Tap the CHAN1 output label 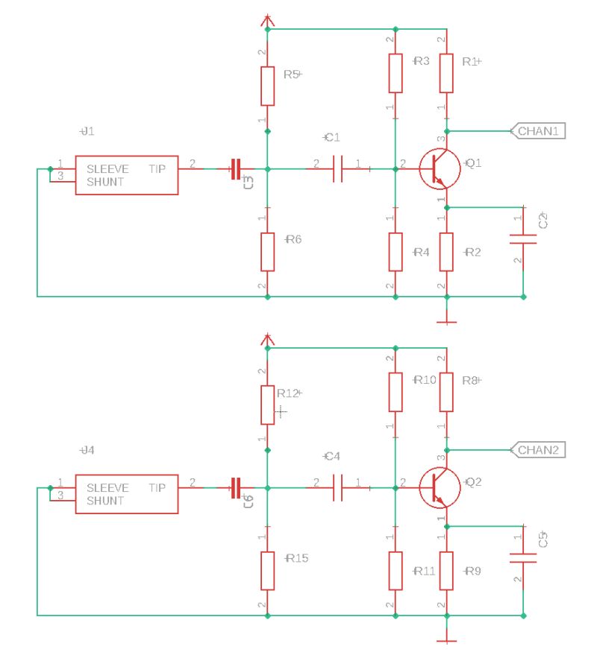click(537, 131)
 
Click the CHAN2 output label click(537, 450)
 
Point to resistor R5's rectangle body click(267, 86)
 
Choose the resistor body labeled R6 click(267, 251)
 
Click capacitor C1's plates click(337, 168)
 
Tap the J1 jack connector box click(126, 175)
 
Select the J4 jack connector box click(126, 493)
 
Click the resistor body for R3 click(395, 72)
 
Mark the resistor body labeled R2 click(446, 251)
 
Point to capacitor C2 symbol click(523, 238)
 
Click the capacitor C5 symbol click(523, 557)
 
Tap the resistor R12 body click(267, 405)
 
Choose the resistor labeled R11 click(395, 570)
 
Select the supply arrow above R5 click(267, 20)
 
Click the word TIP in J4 click(157, 488)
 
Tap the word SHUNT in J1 click(105, 182)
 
